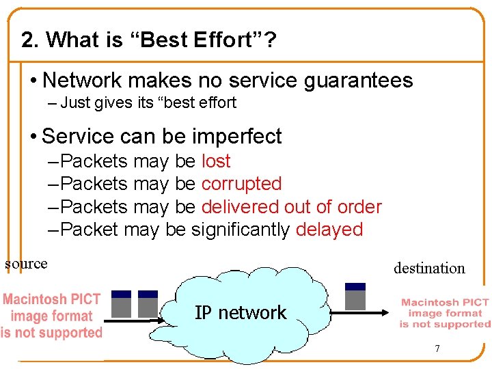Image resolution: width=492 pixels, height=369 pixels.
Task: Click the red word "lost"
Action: pos(216,161)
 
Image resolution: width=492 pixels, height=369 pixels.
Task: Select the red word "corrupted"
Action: pos(241,184)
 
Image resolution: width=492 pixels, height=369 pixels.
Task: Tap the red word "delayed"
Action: pos(329,230)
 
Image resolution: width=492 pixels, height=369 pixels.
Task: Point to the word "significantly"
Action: pos(241,230)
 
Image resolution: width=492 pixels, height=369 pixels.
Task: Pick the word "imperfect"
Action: pos(236,137)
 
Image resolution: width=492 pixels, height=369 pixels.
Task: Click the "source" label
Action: pos(26,264)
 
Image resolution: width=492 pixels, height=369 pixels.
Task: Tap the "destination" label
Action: pos(429,269)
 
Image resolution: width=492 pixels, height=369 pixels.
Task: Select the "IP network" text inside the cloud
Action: pos(241,313)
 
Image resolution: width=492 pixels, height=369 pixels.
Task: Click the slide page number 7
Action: pos(437,349)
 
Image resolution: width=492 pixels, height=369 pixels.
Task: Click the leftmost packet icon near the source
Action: pos(121,304)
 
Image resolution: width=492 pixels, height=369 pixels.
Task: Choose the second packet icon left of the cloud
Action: pos(148,304)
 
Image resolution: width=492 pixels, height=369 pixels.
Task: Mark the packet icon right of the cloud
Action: pos(355,297)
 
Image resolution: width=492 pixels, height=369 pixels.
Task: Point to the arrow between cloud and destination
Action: pos(362,314)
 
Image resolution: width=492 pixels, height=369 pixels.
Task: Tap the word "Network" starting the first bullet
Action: pos(81,81)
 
